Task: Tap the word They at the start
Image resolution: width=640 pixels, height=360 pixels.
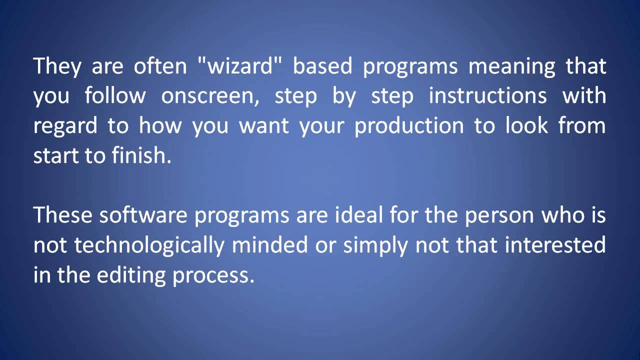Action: pos(56,66)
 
